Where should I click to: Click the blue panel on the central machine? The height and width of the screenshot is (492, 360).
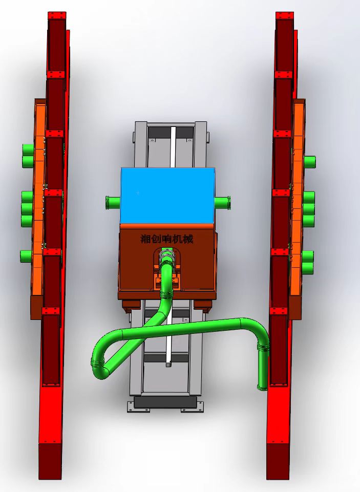(x=168, y=196)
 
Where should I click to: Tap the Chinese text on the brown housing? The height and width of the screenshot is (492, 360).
(x=166, y=239)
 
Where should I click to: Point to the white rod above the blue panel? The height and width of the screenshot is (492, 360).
(x=173, y=147)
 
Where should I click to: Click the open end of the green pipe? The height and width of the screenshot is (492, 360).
(x=262, y=388)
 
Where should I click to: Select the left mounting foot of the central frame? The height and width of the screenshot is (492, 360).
(x=134, y=407)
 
